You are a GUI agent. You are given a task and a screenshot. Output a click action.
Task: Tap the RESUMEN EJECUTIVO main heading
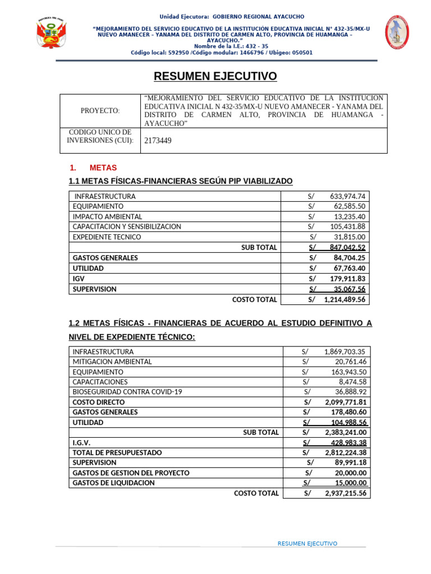215,76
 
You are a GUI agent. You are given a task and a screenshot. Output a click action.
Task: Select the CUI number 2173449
158,141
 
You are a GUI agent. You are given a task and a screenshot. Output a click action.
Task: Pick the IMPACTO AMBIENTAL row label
107,216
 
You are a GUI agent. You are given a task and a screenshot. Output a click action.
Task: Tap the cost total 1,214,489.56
344,300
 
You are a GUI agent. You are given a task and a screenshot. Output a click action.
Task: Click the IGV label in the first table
78,278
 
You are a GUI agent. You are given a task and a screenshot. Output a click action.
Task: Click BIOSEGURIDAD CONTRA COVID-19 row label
127,392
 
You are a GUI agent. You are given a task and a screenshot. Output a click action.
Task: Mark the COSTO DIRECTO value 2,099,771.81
345,402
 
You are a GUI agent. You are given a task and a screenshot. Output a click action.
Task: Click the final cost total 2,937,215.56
345,493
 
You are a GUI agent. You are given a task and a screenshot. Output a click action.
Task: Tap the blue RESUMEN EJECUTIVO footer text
308,544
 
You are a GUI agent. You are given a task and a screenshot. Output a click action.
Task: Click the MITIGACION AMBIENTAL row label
112,362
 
